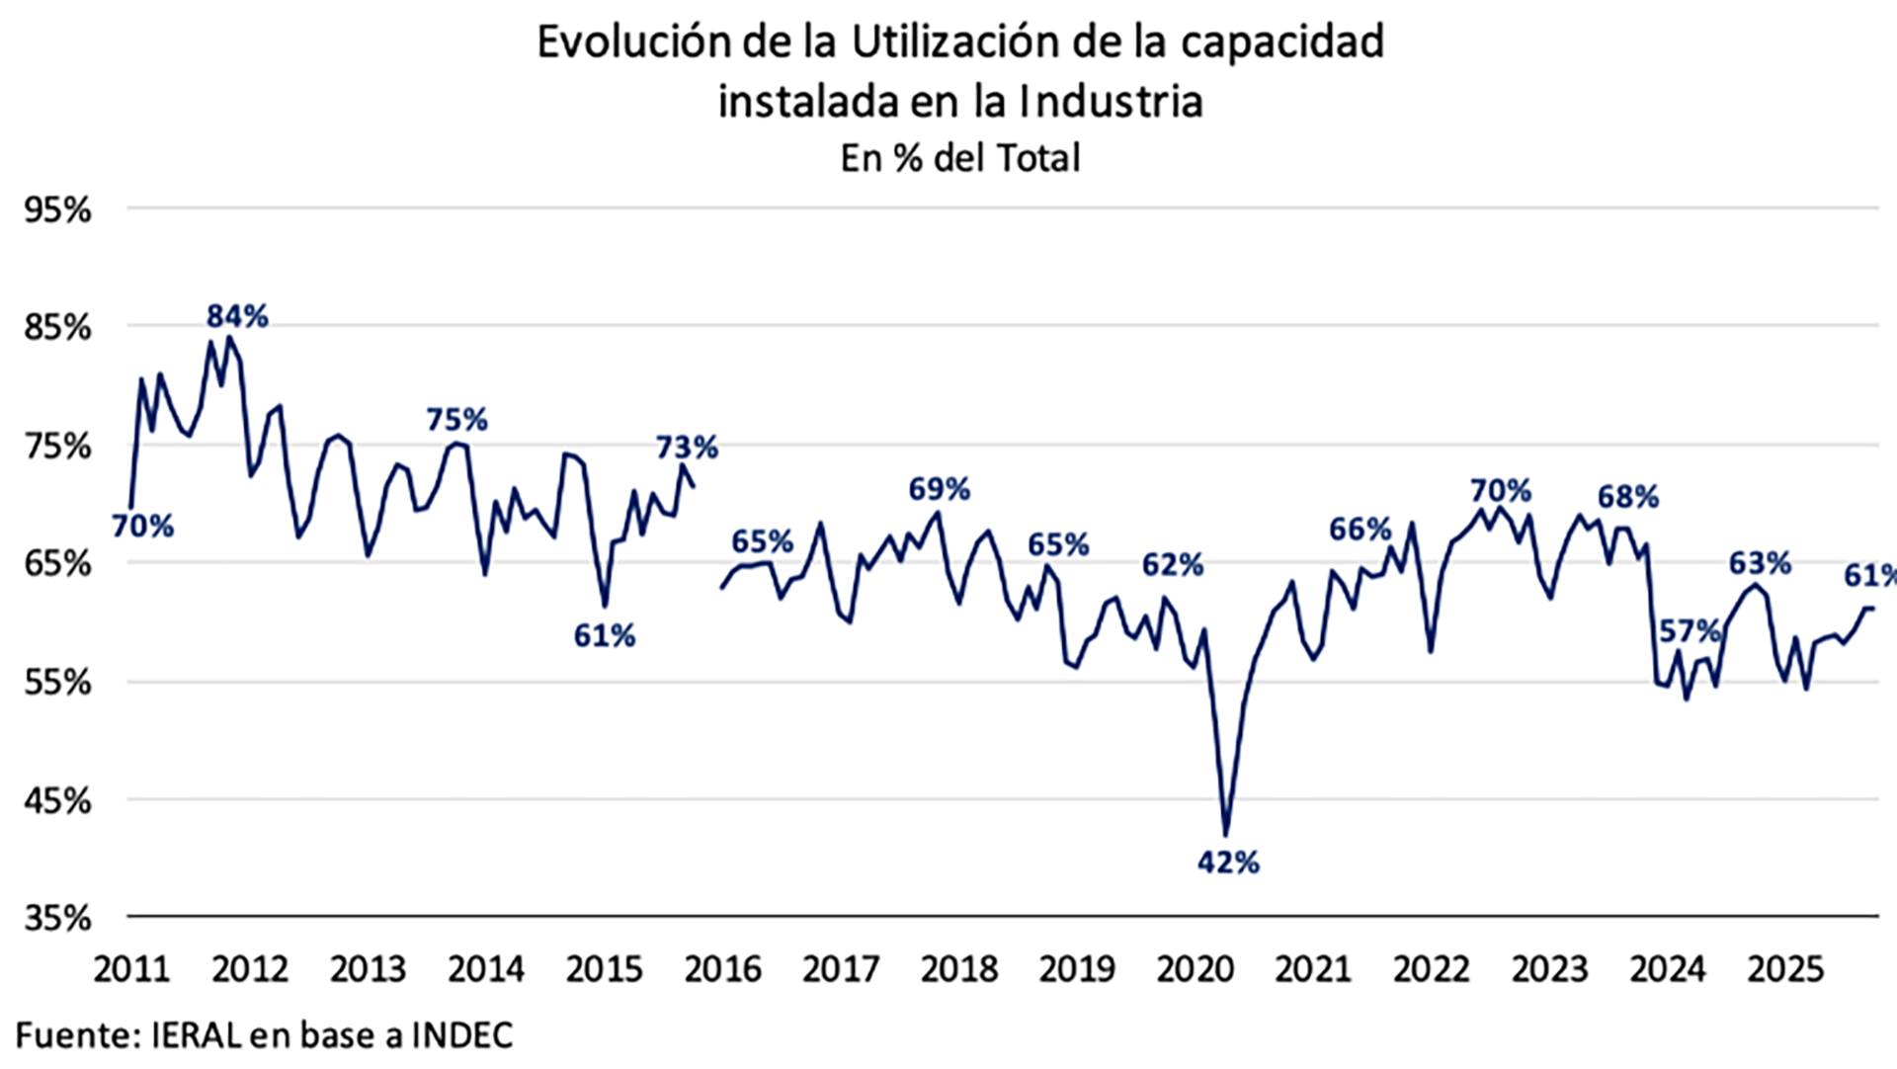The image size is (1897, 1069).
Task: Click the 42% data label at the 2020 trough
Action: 1228,863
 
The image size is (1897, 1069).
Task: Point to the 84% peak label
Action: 237,316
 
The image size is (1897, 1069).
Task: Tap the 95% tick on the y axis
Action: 57,209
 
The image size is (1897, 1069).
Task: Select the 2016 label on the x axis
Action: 722,969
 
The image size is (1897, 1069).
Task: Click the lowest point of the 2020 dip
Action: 1226,835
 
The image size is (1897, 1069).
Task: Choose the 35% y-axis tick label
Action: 57,918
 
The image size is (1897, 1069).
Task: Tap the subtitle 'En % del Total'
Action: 959,158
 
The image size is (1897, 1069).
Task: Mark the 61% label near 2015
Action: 604,635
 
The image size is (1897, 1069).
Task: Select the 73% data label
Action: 687,448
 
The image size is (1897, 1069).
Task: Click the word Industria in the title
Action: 1111,101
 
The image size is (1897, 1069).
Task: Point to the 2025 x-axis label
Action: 1785,969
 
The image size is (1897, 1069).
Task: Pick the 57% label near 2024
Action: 1689,630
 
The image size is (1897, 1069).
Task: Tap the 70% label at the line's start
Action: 142,527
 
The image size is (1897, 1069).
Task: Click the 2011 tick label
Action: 131,969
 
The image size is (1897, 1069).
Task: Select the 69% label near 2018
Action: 939,489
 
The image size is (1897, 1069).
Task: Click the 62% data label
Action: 1173,565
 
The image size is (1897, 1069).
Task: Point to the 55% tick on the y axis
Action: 57,682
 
